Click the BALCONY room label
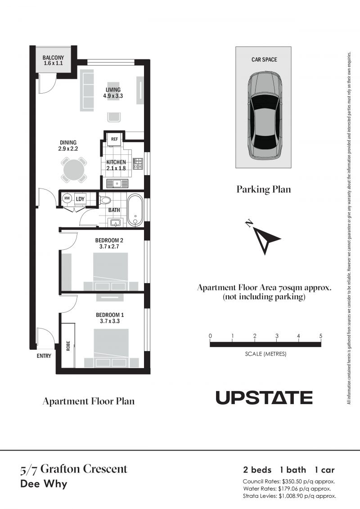(x=53, y=58)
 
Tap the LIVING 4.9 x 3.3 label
(x=113, y=93)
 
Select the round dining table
(x=74, y=170)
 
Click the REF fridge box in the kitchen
(x=114, y=139)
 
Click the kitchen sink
(x=116, y=184)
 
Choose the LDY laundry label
(x=80, y=199)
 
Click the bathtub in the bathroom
(x=135, y=210)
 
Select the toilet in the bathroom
(x=104, y=199)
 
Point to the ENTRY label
(x=44, y=356)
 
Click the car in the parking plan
(x=263, y=116)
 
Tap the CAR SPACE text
(x=264, y=59)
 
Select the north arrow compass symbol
(x=264, y=237)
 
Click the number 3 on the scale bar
(x=277, y=336)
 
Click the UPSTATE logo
(x=264, y=398)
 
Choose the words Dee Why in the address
(x=44, y=484)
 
